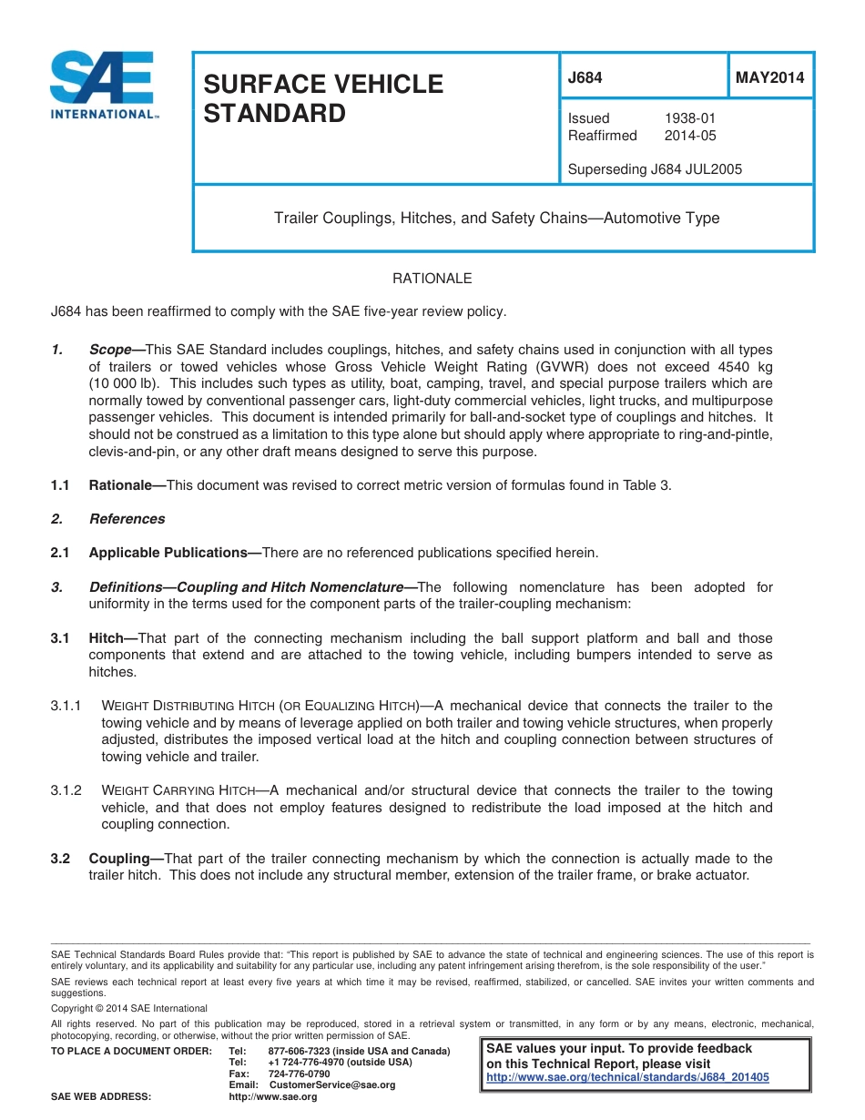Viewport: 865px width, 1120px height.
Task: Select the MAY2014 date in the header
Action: (x=769, y=78)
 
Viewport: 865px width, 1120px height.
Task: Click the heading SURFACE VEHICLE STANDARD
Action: (x=321, y=98)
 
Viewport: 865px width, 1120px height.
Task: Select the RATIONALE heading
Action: (x=432, y=279)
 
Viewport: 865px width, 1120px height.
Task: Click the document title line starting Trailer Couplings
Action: (x=497, y=219)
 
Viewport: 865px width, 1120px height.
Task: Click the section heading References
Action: (x=127, y=519)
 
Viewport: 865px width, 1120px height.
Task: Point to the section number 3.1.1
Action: (x=66, y=706)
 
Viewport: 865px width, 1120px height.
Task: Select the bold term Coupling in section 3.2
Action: (x=119, y=859)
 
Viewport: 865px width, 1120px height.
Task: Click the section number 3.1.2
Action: (x=66, y=790)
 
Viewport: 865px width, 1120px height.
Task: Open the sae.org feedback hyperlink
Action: (x=628, y=1076)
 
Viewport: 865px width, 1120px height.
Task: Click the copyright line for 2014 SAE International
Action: (x=129, y=1008)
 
